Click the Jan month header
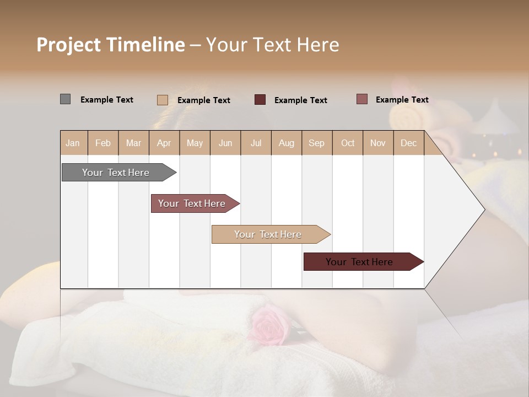[73, 143]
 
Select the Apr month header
[164, 143]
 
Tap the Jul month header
[256, 143]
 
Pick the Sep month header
[316, 143]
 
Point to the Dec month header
[408, 143]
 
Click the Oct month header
[348, 143]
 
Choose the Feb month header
[103, 143]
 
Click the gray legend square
[65, 99]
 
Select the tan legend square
[162, 100]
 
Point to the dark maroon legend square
[260, 100]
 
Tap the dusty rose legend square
[362, 99]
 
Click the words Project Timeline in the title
[110, 45]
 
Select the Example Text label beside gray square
[107, 100]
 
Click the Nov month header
[378, 143]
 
